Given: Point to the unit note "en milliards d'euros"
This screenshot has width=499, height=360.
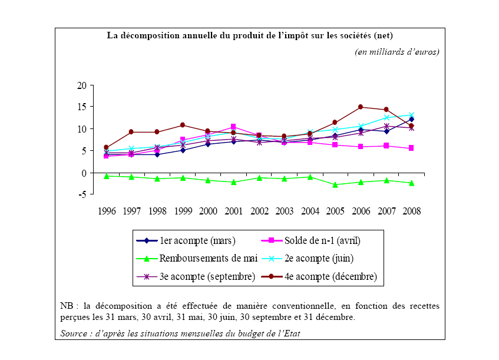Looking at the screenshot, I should point(397,52).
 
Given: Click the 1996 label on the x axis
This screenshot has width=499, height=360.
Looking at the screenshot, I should point(107,211).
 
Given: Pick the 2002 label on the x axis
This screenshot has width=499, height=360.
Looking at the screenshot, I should point(260,211).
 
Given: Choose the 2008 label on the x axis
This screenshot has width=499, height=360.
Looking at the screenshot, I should point(411,211).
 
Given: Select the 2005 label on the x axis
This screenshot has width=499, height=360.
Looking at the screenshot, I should point(335,211).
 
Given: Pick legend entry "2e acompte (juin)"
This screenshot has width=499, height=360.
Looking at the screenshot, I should point(318,258).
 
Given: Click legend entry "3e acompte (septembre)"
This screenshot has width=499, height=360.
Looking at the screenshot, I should point(207,276).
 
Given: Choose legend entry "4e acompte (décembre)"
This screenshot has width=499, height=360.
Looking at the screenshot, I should point(330,276).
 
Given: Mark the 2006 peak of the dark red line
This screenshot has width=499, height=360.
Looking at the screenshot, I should point(361,107).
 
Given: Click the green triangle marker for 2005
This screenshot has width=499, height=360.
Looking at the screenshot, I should point(335,184).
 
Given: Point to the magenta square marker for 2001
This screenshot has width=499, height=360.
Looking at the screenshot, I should point(234,127).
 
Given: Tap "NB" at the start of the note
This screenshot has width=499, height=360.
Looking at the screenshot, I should point(66,306).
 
